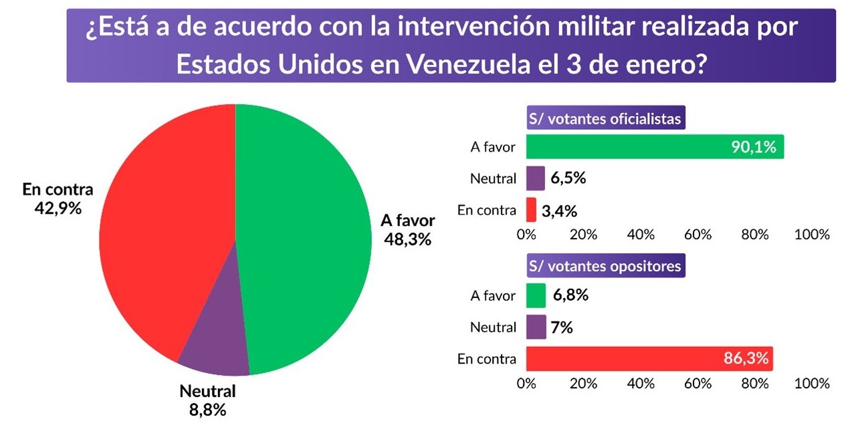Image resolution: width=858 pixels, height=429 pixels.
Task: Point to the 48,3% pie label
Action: point(407,239)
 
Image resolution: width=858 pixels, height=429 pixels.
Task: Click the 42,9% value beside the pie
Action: point(58,208)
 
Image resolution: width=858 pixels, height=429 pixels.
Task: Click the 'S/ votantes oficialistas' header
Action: point(605,120)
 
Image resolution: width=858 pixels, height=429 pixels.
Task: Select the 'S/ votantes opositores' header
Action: point(605,266)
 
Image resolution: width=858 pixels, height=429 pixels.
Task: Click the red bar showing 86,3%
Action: point(649,358)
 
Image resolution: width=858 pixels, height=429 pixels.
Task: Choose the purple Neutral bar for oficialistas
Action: point(535,178)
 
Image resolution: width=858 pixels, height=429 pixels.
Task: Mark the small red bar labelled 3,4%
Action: point(531,210)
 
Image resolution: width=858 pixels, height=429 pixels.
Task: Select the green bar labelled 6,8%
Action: point(536,295)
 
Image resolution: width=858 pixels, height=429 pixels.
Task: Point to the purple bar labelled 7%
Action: point(536,327)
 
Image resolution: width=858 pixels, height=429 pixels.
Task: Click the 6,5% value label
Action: point(569,179)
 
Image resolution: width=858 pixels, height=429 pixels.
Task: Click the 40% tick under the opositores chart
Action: point(641,384)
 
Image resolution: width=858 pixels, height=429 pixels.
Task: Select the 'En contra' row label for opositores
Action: point(487,359)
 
